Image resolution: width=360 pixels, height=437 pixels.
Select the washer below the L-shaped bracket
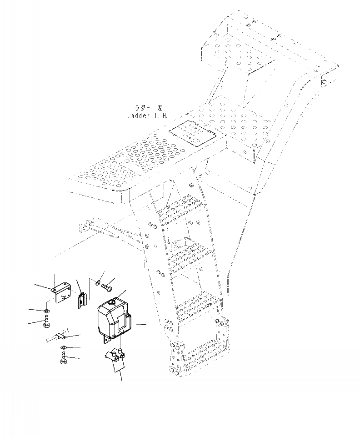[x=47, y=311]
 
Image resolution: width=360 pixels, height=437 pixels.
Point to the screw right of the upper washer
[x=107, y=287]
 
